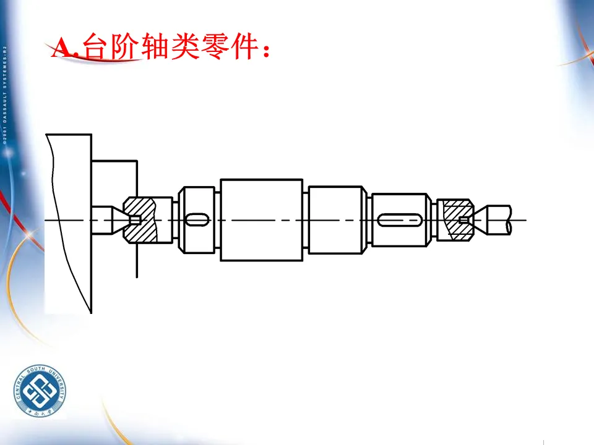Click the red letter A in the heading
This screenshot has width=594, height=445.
pos(63,48)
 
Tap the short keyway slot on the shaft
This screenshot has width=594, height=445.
pos(197,219)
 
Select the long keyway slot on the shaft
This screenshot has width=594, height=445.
pos(400,220)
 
